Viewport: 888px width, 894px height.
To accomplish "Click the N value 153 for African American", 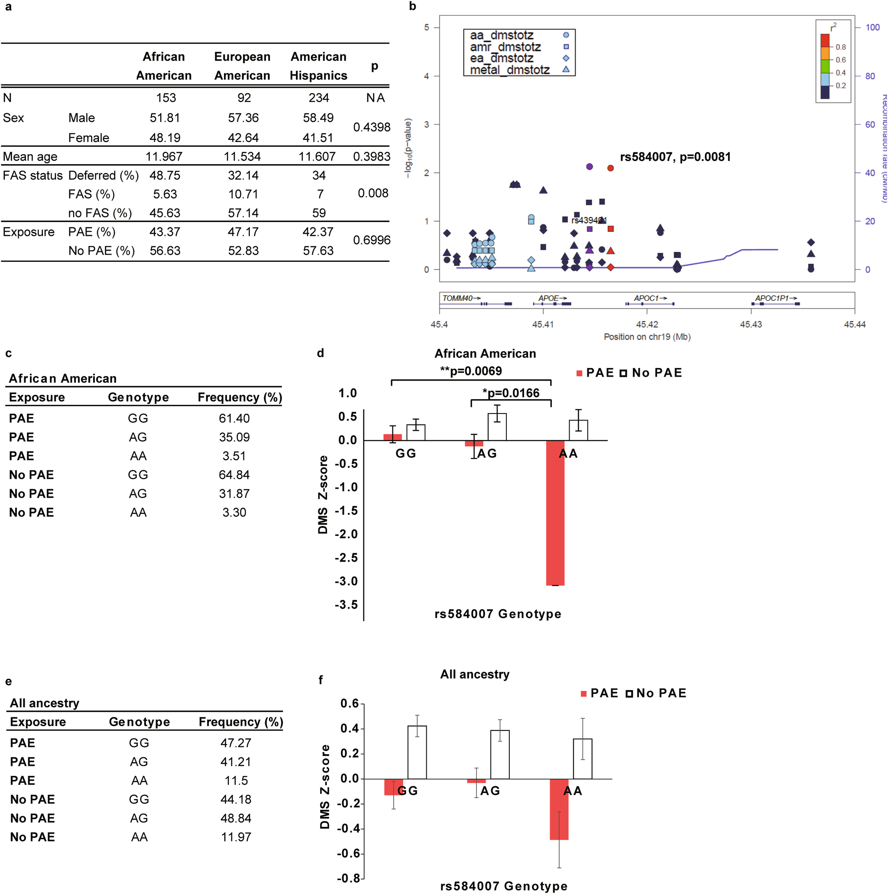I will click(x=166, y=98).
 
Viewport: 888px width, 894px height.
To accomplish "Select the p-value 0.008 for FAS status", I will click(x=373, y=193).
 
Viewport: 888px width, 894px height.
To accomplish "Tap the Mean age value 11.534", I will click(x=242, y=156).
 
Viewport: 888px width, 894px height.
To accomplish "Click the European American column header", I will click(x=242, y=66).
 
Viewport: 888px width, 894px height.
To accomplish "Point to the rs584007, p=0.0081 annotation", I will click(x=675, y=157).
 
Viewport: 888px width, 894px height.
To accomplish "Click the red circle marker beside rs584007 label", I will click(x=610, y=168).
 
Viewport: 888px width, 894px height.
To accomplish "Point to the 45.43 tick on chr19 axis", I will click(x=751, y=324).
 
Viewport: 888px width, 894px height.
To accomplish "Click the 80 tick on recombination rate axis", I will click(x=870, y=76).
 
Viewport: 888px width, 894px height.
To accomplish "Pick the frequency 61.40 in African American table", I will click(x=234, y=418).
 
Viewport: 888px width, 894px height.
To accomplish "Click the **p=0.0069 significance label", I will click(x=470, y=371).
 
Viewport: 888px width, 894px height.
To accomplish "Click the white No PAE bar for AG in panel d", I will click(x=497, y=426).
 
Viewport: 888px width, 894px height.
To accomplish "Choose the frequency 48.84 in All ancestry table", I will click(x=236, y=818).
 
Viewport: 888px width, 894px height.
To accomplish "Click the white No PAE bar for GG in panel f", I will click(x=417, y=752).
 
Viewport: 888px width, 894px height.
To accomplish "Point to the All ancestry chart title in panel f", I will click(x=475, y=674).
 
